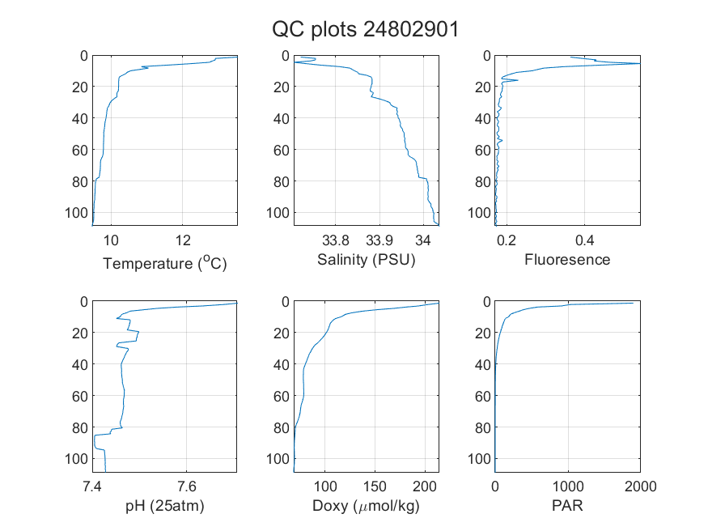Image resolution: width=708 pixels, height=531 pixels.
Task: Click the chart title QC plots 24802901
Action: pyautogui.click(x=365, y=30)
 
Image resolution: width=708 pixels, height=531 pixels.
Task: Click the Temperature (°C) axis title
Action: pyautogui.click(x=165, y=263)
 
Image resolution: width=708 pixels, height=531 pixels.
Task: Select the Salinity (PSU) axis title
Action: pyautogui.click(x=367, y=260)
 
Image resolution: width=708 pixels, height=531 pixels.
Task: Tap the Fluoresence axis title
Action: pyautogui.click(x=567, y=260)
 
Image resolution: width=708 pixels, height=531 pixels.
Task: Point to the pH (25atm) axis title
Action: pyautogui.click(x=165, y=506)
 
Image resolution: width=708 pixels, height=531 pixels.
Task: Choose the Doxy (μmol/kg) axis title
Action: pyautogui.click(x=367, y=506)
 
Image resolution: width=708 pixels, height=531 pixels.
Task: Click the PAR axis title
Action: pyautogui.click(x=567, y=505)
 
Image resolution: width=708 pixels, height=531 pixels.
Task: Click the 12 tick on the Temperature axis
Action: pyautogui.click(x=183, y=240)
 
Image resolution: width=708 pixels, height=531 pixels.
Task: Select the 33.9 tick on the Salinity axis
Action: pyautogui.click(x=379, y=240)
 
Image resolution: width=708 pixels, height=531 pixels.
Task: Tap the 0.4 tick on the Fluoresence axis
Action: pyautogui.click(x=585, y=240)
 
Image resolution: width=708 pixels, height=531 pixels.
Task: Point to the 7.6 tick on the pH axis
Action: pyautogui.click(x=186, y=486)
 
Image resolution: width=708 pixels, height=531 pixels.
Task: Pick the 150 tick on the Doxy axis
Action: pyautogui.click(x=375, y=486)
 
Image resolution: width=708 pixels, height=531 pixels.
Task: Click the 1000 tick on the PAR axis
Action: pyautogui.click(x=568, y=486)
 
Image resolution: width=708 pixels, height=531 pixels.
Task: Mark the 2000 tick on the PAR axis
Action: pyautogui.click(x=640, y=486)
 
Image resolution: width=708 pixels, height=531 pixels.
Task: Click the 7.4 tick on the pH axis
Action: pyautogui.click(x=92, y=486)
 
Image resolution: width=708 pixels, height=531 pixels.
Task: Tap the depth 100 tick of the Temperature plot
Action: pyautogui.click(x=76, y=213)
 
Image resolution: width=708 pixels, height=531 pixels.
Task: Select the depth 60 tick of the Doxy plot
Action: pyautogui.click(x=282, y=396)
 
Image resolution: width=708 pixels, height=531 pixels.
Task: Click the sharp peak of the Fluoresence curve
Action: pyautogui.click(x=639, y=64)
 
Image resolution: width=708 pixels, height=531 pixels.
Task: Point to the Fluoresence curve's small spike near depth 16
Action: pyautogui.click(x=517, y=80)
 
